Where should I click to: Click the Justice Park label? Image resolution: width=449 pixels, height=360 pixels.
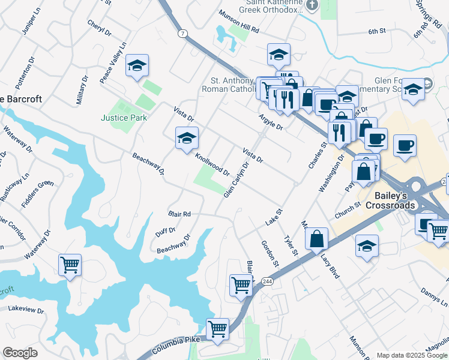point(124,118)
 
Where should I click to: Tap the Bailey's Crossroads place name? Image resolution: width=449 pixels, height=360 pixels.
point(395,200)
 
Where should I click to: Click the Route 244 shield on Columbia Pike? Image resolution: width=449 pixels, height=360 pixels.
point(267,281)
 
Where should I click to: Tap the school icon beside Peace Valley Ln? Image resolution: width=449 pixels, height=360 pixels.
point(137,66)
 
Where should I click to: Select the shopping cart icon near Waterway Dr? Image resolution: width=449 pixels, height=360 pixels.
point(70,265)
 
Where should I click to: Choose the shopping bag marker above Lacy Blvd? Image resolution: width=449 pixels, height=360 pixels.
point(316,239)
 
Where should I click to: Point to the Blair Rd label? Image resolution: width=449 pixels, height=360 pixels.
point(179,214)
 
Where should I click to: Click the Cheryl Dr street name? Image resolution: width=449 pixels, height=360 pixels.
point(100,27)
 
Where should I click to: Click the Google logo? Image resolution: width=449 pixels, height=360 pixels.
point(20,353)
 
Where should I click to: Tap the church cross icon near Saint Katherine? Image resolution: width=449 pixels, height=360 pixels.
point(312,6)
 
